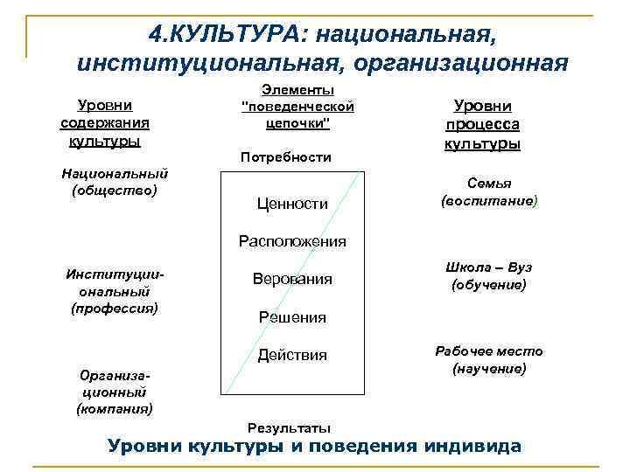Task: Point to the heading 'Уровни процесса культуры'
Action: pyautogui.click(x=482, y=125)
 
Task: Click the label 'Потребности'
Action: pyautogui.click(x=285, y=157)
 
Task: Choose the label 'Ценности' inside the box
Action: pyautogui.click(x=292, y=204)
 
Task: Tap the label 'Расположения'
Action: pyautogui.click(x=293, y=241)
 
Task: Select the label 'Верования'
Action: pyautogui.click(x=292, y=280)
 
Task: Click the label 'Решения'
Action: pyautogui.click(x=292, y=317)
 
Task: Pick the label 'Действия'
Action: pyautogui.click(x=292, y=355)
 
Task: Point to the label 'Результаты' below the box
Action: pyautogui.click(x=290, y=427)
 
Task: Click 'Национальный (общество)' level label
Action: pyautogui.click(x=115, y=182)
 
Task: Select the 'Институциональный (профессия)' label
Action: pyautogui.click(x=115, y=291)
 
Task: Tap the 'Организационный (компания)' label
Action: pyautogui.click(x=115, y=389)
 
